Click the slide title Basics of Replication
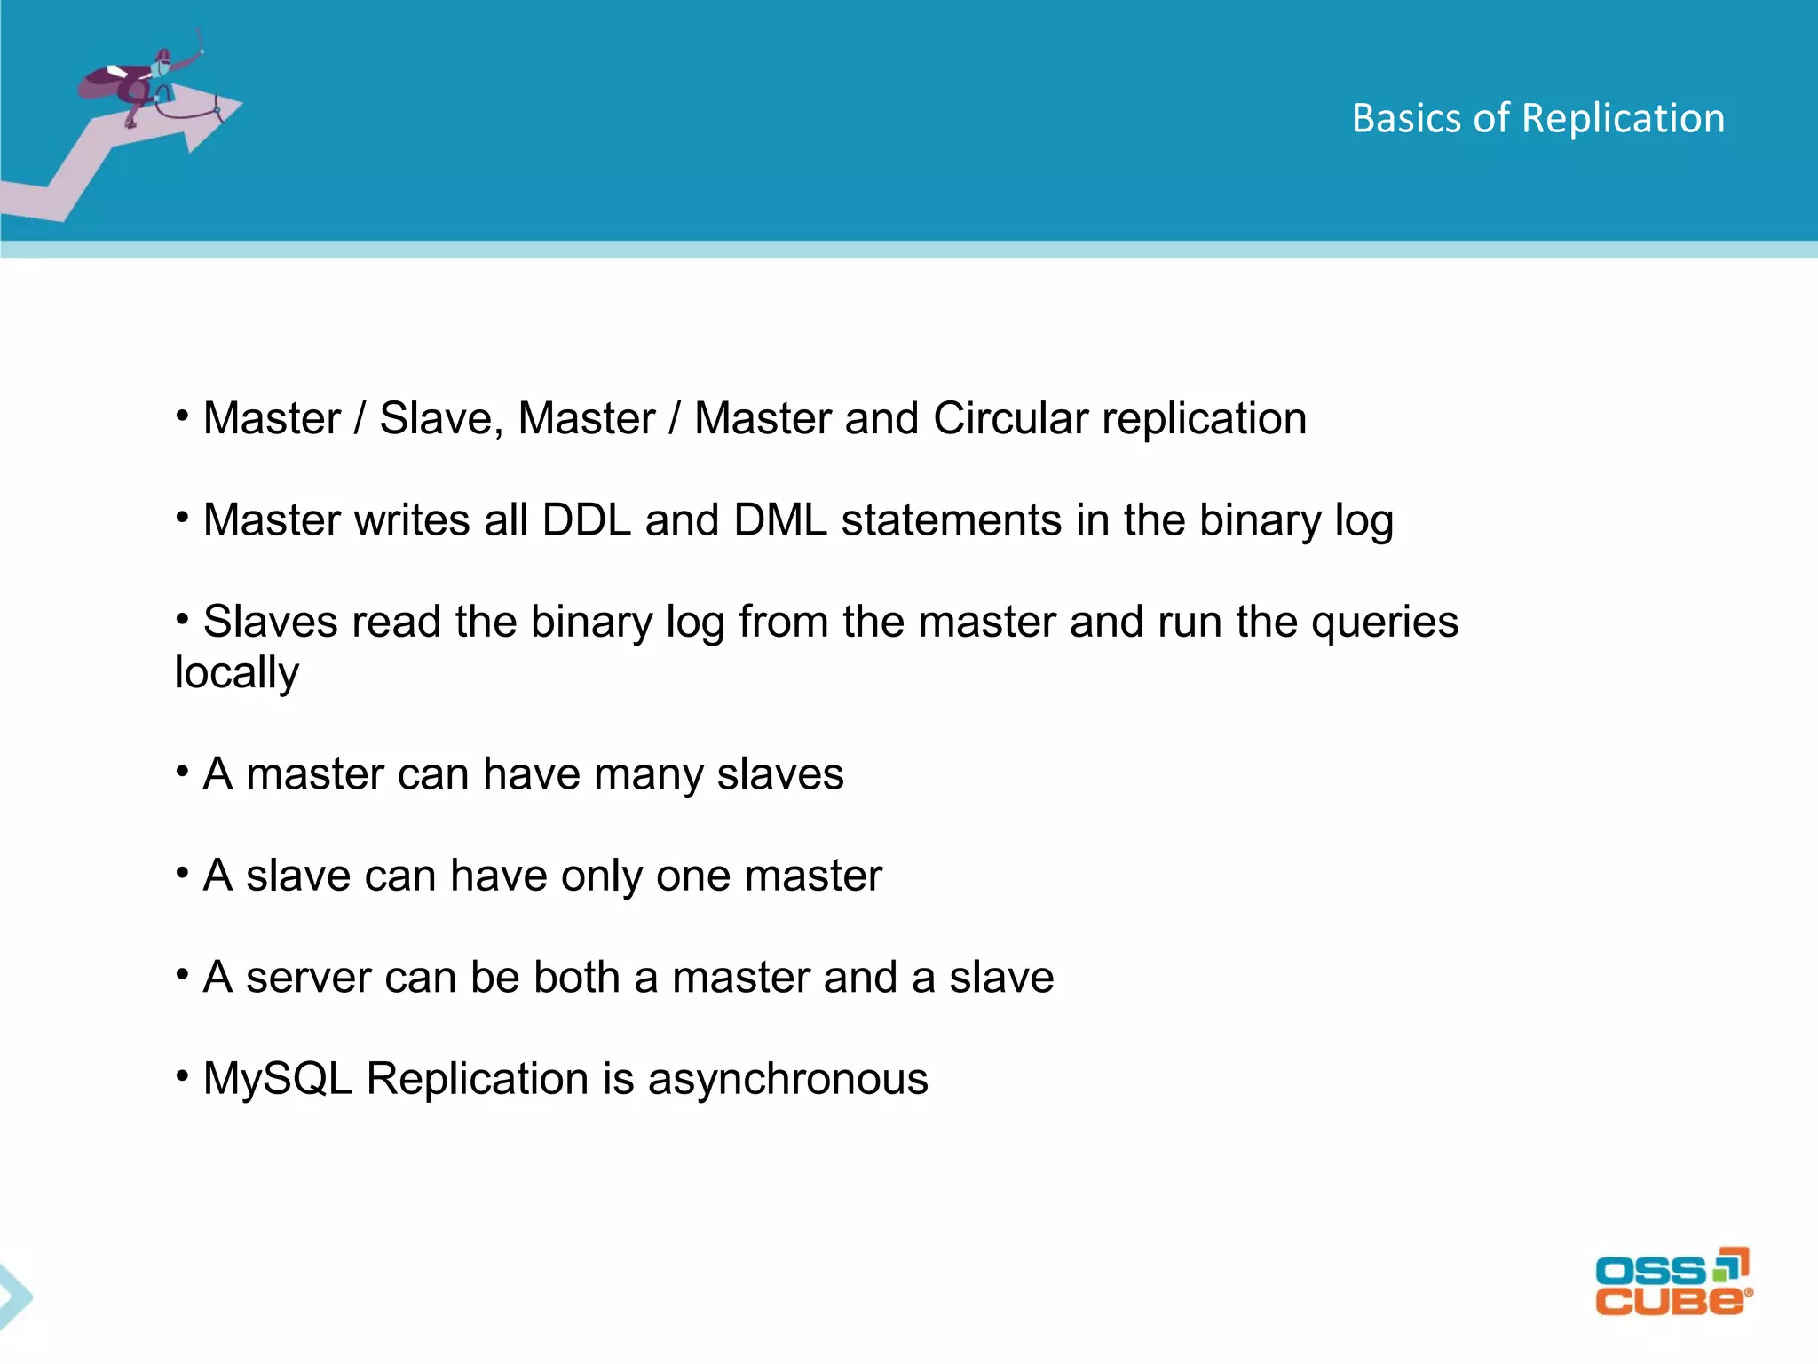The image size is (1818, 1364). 1537,118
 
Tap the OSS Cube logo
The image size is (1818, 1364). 1672,1281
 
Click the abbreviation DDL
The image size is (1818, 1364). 586,520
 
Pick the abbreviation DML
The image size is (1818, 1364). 779,520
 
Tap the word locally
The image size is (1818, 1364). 236,672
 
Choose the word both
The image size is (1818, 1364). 576,978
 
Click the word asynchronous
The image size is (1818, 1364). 787,1080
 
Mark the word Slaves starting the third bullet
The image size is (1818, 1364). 270,622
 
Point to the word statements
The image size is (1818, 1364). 951,520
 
